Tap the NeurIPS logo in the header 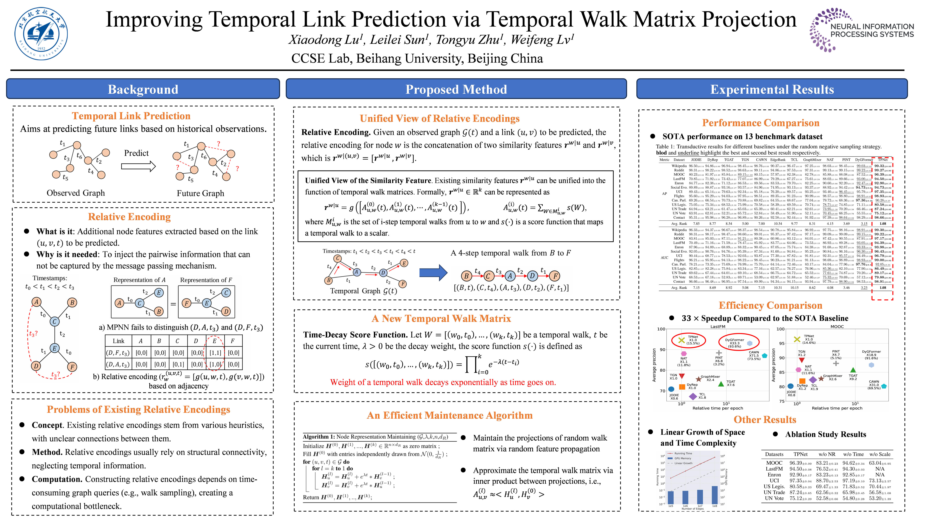(861, 30)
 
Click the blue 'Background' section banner (143, 89)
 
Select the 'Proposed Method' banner (456, 89)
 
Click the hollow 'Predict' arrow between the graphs (138, 166)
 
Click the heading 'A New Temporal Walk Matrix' (441, 318)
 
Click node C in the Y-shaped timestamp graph (55, 321)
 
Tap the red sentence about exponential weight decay (443, 382)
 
